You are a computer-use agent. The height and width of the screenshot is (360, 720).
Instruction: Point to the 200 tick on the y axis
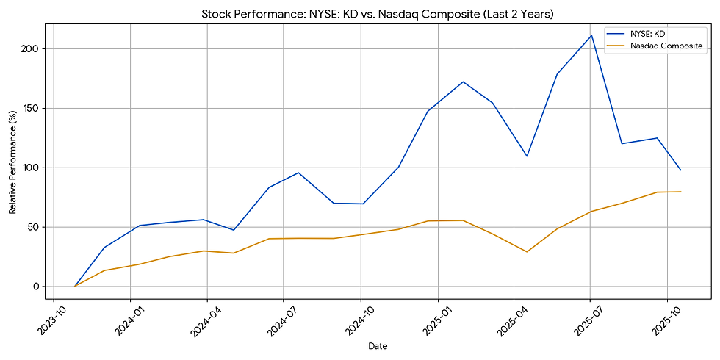click(x=37, y=48)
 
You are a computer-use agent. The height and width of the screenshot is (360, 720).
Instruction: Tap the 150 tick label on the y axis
click(x=37, y=108)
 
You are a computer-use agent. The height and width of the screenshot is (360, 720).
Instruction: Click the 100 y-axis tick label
click(x=37, y=168)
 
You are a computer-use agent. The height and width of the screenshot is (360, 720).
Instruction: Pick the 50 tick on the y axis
click(x=40, y=227)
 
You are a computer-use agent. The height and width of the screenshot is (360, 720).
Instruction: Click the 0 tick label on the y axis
click(x=43, y=287)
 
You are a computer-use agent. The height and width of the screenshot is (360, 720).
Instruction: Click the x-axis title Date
click(x=378, y=346)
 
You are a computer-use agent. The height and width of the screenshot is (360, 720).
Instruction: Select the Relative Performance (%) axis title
click(x=12, y=162)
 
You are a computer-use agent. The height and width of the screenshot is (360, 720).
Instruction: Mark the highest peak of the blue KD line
click(x=591, y=35)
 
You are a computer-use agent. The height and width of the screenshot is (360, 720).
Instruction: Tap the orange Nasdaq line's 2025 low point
click(x=527, y=252)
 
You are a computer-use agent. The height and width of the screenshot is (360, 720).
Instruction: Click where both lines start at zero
click(x=75, y=287)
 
